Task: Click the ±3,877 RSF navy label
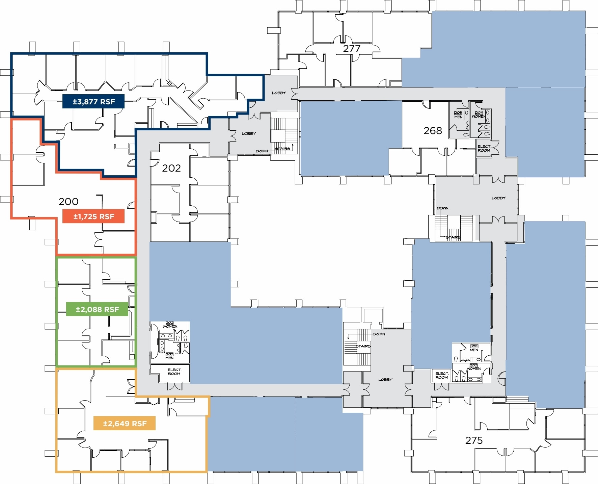pyautogui.click(x=93, y=102)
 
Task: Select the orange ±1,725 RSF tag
pyautogui.click(x=93, y=216)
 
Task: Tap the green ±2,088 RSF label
pyautogui.click(x=97, y=309)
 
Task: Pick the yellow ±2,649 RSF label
pyautogui.click(x=125, y=424)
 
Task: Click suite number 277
pyautogui.click(x=352, y=49)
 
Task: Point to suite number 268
pyautogui.click(x=433, y=131)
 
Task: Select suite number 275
pyautogui.click(x=474, y=440)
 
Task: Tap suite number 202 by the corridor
pyautogui.click(x=171, y=168)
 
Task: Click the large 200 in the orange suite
pyautogui.click(x=69, y=202)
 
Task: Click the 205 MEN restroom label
pyautogui.click(x=458, y=115)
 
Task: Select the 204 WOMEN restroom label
pyautogui.click(x=479, y=115)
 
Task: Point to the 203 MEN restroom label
pyautogui.click(x=169, y=356)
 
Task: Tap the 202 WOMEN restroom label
pyautogui.click(x=170, y=325)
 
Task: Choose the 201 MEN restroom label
pyautogui.click(x=474, y=348)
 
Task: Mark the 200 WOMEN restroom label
pyautogui.click(x=473, y=367)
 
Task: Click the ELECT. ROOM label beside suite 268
pyautogui.click(x=484, y=148)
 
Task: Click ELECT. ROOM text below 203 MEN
pyautogui.click(x=174, y=372)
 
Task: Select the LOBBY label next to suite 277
pyautogui.click(x=279, y=93)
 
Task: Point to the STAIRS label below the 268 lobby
pyautogui.click(x=453, y=237)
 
